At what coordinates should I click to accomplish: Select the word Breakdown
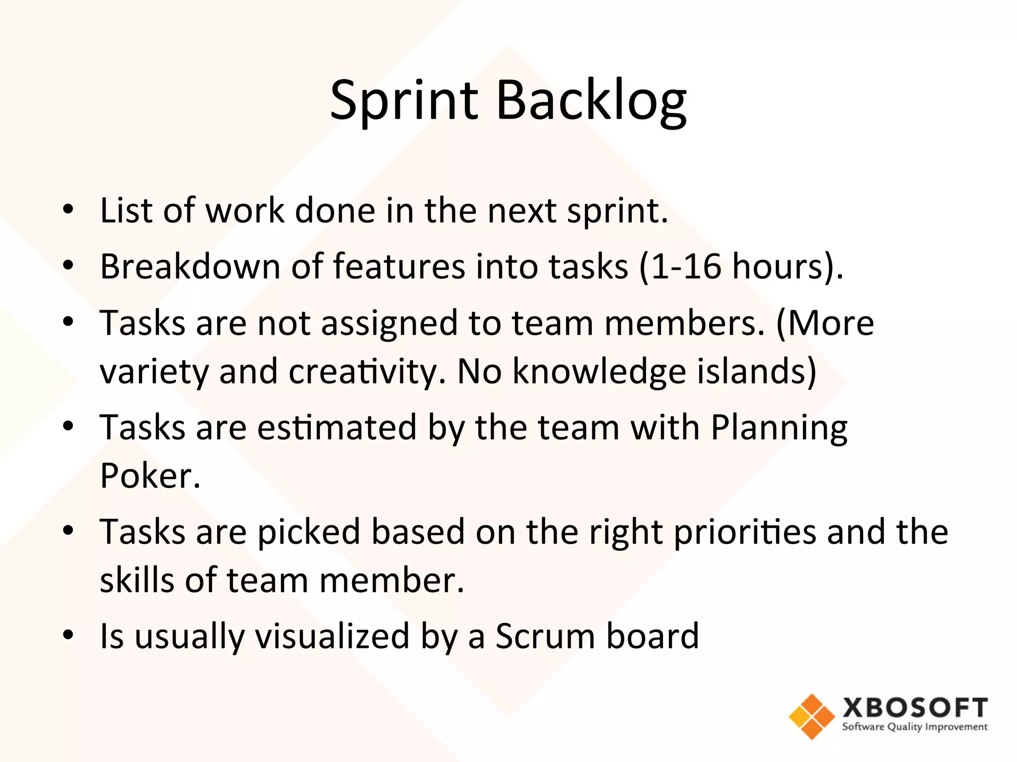(x=190, y=266)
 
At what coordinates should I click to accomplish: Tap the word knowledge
(x=598, y=372)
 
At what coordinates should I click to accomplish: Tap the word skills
(x=137, y=580)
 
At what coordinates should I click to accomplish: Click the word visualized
(x=332, y=636)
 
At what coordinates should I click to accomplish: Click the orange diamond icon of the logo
(x=811, y=716)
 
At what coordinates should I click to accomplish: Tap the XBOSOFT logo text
(x=915, y=708)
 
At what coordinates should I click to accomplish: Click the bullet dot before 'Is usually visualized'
(x=68, y=635)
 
